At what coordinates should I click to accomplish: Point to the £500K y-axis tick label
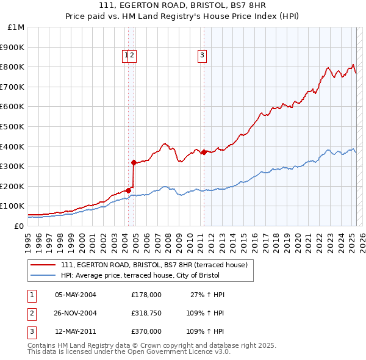(x=12, y=126)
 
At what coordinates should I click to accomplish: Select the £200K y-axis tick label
(x=12, y=186)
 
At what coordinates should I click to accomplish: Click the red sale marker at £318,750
(x=134, y=162)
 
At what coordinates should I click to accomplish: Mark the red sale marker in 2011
(x=204, y=152)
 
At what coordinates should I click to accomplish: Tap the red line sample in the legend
(x=43, y=265)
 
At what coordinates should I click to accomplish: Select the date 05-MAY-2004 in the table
(x=76, y=295)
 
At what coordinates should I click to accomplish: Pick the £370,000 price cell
(x=146, y=331)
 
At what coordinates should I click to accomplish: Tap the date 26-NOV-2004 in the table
(x=76, y=313)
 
